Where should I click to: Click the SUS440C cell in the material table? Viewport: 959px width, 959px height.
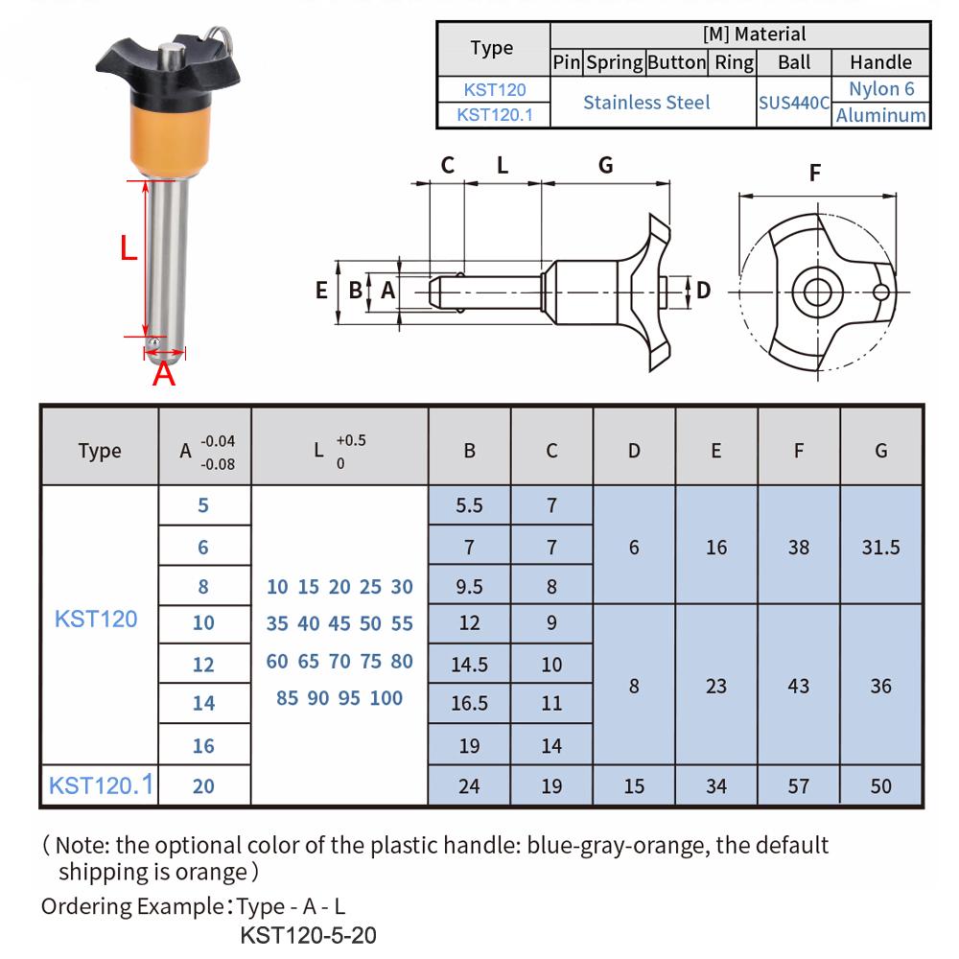(794, 102)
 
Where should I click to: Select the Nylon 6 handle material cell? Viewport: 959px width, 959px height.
(881, 89)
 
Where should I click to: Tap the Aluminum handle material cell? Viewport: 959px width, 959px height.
(881, 115)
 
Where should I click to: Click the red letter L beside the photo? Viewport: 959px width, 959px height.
(129, 249)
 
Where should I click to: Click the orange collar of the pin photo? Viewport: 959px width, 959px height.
(164, 140)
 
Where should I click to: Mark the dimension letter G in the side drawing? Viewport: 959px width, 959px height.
(605, 165)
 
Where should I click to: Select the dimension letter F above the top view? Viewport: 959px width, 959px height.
(815, 174)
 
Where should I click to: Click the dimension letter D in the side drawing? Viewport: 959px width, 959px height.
(703, 290)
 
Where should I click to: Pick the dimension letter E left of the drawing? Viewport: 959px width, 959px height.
(322, 290)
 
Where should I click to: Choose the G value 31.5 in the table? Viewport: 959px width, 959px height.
(880, 547)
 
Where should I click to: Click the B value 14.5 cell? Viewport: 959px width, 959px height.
(469, 664)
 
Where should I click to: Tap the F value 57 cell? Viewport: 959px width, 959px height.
(798, 786)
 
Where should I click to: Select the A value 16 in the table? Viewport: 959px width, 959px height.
(203, 745)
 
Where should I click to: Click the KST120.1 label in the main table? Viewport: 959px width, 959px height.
(100, 785)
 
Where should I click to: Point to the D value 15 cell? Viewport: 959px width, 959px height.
(634, 786)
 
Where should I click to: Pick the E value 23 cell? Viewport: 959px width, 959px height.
(716, 686)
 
